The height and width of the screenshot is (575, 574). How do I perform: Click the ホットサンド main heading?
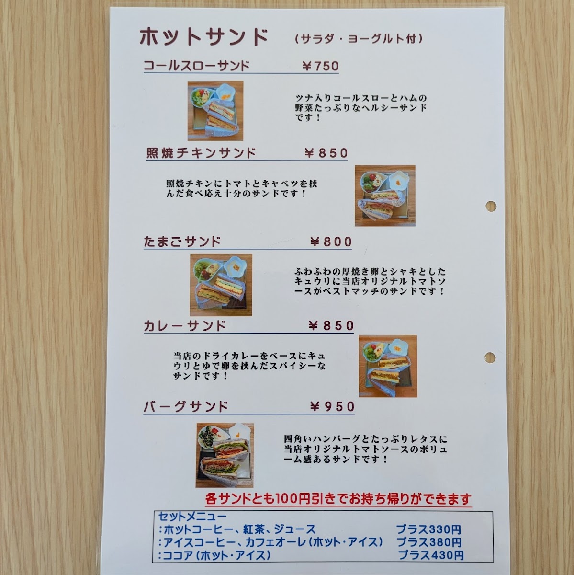(x=203, y=37)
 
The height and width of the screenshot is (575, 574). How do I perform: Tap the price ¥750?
(x=321, y=66)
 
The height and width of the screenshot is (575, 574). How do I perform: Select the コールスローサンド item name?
(x=196, y=66)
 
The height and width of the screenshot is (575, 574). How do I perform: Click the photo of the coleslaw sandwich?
(x=215, y=111)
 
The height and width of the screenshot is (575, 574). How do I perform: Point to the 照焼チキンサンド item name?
(x=201, y=153)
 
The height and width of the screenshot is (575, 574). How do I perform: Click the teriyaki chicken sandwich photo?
(x=385, y=196)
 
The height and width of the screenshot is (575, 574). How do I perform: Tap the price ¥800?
(x=331, y=241)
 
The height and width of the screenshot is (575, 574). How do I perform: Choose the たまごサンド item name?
(x=182, y=241)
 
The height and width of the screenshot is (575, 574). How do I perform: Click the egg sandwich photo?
(x=221, y=285)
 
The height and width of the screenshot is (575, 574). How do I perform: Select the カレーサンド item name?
(x=185, y=325)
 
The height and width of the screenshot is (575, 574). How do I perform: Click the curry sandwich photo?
(x=388, y=366)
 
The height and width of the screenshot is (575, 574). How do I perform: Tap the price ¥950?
(x=332, y=406)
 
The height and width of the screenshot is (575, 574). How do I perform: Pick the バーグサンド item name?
(x=186, y=406)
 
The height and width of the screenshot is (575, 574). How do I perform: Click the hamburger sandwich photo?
(x=225, y=455)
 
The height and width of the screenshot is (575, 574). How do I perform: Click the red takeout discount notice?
(x=338, y=499)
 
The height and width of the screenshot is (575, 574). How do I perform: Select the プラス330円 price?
(x=429, y=529)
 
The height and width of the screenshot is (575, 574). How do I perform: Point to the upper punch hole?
(x=491, y=206)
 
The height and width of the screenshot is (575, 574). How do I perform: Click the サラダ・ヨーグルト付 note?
(x=359, y=39)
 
